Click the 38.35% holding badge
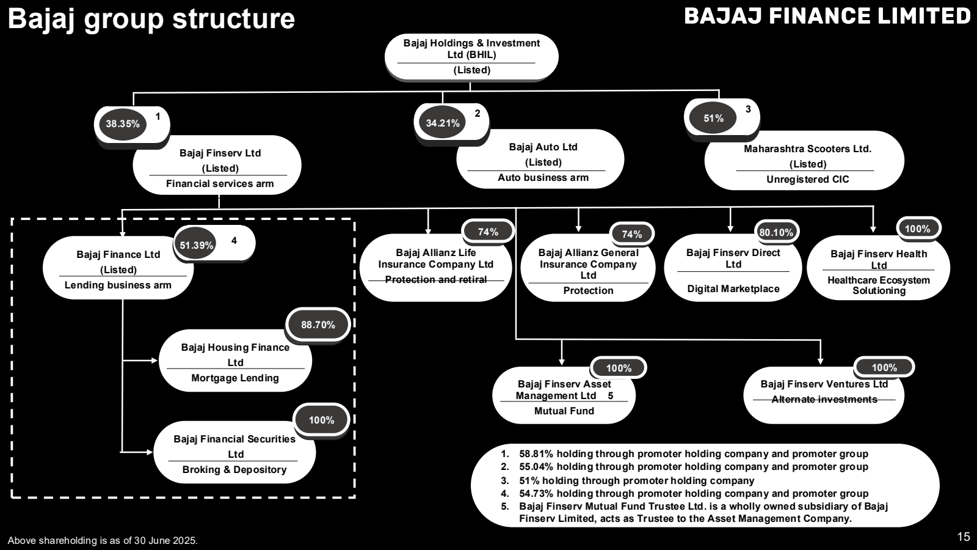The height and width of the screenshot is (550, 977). click(x=122, y=124)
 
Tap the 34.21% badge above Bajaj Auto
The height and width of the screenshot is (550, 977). click(x=443, y=123)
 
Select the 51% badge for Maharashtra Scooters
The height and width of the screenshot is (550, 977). click(x=713, y=119)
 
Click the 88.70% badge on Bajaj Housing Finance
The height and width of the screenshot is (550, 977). click(x=318, y=325)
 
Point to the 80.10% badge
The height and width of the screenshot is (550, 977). click(x=776, y=233)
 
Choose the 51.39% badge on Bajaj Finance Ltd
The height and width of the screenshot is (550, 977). click(x=196, y=246)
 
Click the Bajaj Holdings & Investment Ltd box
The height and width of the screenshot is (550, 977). click(x=471, y=56)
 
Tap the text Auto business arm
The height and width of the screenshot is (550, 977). click(x=543, y=178)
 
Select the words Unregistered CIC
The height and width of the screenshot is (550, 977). click(x=807, y=180)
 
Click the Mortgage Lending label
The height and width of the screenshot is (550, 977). click(x=235, y=378)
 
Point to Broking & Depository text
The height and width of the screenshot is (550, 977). click(x=234, y=470)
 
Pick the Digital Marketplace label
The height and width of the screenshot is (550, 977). click(x=733, y=289)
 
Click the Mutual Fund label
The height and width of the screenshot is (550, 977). click(x=564, y=411)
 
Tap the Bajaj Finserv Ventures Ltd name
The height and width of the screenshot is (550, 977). click(x=824, y=384)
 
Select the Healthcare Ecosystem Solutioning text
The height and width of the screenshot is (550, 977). click(x=879, y=285)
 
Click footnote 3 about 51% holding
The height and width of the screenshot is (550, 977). click(x=636, y=481)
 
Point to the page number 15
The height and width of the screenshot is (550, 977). click(x=963, y=537)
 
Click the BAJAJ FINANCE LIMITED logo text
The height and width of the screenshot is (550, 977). click(x=827, y=16)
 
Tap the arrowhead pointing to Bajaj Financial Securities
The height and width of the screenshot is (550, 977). click(x=149, y=452)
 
